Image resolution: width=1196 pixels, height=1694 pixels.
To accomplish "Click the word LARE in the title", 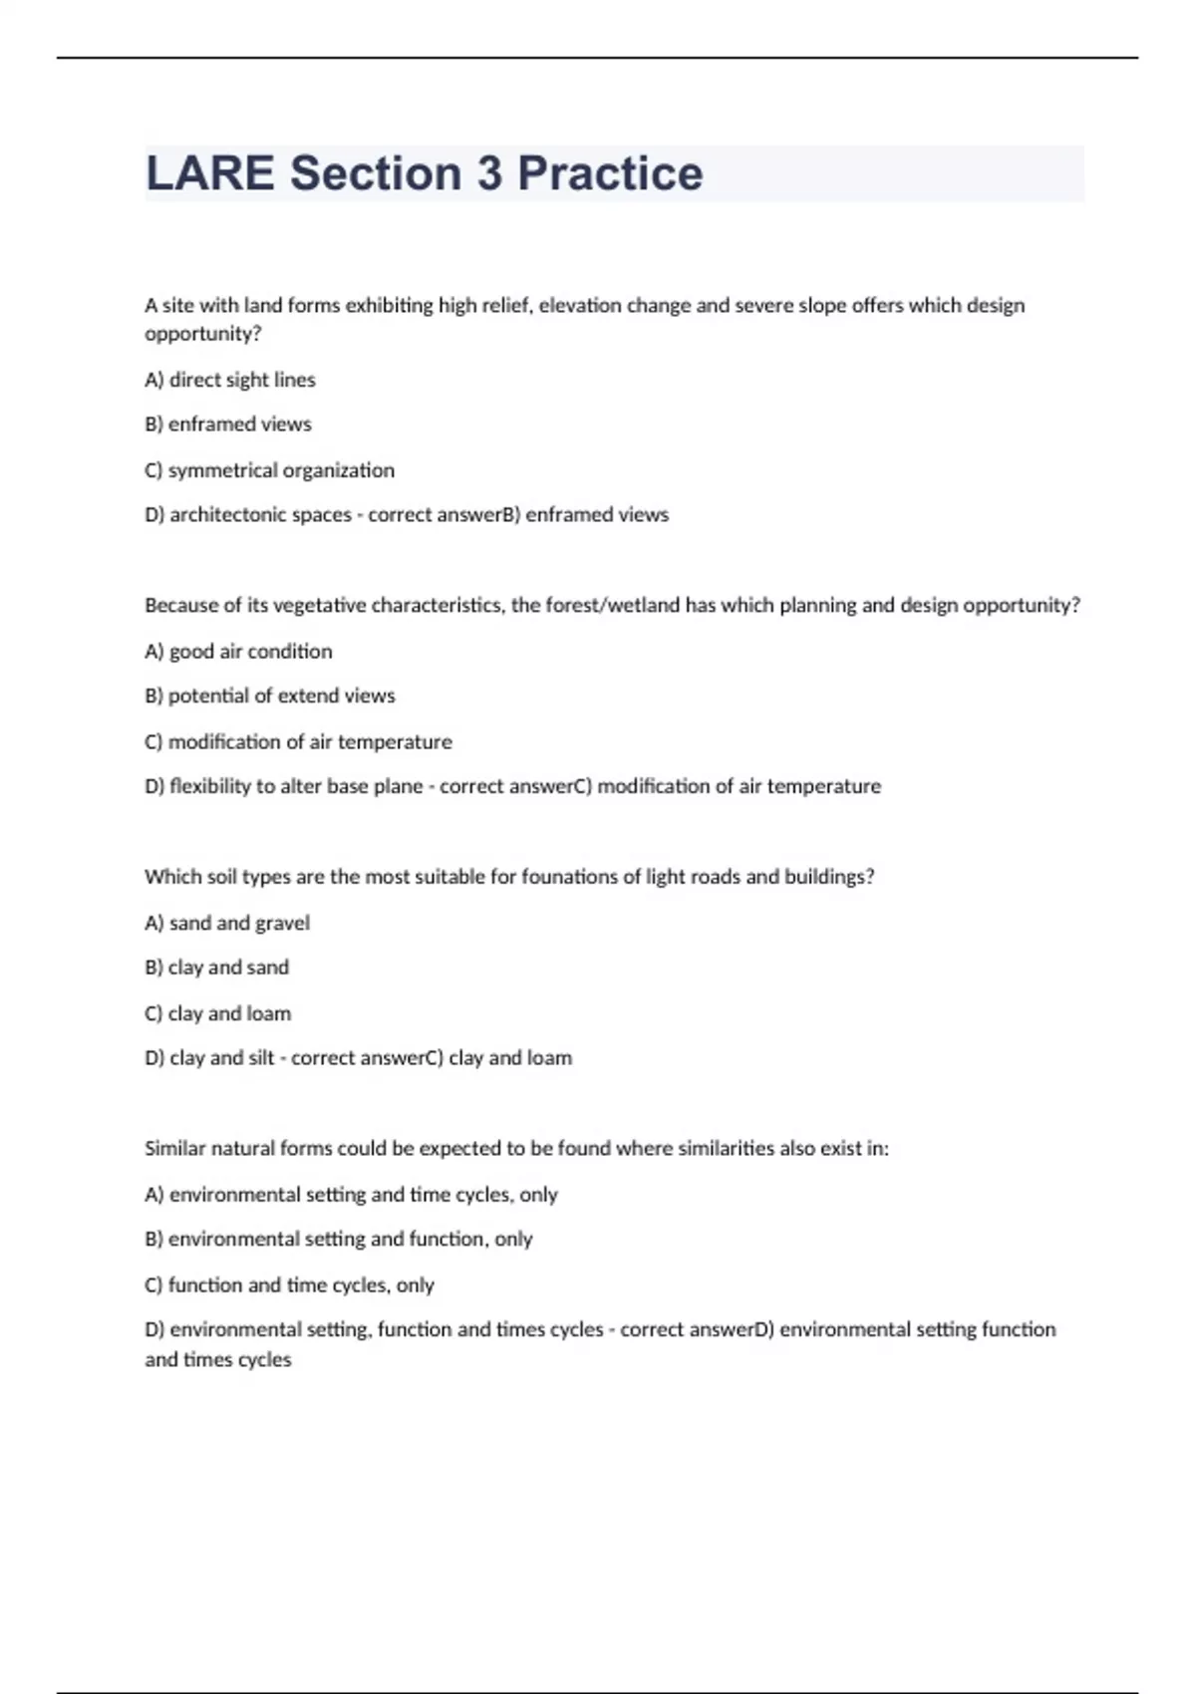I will click(209, 173).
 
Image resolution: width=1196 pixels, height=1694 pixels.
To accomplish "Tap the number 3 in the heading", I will click(489, 173).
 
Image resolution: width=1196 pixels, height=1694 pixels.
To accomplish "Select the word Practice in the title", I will click(610, 173).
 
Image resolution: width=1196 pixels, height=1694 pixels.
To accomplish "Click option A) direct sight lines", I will click(230, 380).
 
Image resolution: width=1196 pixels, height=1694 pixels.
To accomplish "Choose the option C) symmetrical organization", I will click(269, 470).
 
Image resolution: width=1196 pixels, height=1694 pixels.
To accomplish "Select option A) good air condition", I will click(238, 652).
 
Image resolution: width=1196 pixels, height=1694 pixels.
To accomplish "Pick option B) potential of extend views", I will click(269, 697).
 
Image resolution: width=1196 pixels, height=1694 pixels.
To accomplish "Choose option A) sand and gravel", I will click(227, 924).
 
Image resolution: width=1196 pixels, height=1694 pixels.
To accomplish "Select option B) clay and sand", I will click(216, 968).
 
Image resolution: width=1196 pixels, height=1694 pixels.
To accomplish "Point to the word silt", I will click(260, 1058).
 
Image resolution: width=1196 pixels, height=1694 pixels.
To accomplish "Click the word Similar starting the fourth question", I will click(173, 1149).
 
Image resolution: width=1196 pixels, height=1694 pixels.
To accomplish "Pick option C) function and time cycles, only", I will click(289, 1285).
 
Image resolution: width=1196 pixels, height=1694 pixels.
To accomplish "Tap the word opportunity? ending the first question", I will click(203, 335).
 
